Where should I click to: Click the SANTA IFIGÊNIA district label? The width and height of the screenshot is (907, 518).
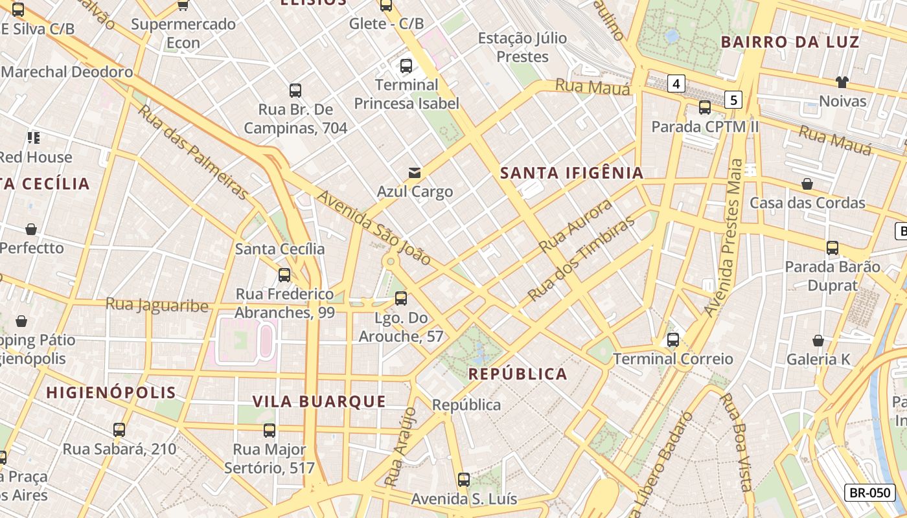(x=572, y=173)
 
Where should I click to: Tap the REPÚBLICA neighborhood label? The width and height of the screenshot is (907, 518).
(x=518, y=374)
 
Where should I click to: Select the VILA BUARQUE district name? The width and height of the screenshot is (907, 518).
(x=319, y=401)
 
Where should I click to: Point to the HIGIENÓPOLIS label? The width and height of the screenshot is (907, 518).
(x=111, y=392)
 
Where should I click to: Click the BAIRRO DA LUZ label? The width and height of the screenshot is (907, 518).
(x=790, y=43)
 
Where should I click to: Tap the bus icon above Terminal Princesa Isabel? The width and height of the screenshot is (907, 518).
(x=406, y=66)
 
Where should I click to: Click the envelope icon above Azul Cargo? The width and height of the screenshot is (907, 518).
(x=415, y=172)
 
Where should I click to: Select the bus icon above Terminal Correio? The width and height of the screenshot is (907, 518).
(x=673, y=340)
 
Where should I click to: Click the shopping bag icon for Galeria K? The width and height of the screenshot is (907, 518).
(x=818, y=341)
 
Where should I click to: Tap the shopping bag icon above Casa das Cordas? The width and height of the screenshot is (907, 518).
(x=807, y=185)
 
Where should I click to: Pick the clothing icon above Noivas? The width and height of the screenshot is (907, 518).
(x=842, y=82)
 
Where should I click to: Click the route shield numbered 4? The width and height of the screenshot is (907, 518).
(x=676, y=84)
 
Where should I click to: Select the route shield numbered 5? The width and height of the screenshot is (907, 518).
(x=733, y=100)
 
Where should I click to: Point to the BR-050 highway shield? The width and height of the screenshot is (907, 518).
(x=869, y=493)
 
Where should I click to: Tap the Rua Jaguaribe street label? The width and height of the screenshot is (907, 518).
(x=157, y=305)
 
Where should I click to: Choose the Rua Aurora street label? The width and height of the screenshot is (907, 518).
(x=575, y=225)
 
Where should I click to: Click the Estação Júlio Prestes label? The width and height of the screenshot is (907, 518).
(x=522, y=47)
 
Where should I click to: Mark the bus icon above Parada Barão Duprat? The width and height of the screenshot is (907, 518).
(x=832, y=248)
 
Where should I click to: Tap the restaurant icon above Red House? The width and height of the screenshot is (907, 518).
(x=33, y=138)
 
